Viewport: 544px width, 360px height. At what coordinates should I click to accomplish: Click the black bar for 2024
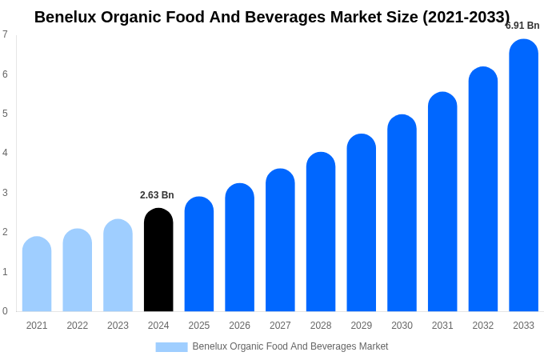[158, 260]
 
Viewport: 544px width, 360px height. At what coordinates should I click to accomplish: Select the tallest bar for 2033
[523, 176]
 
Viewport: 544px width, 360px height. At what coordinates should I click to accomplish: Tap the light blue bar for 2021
[37, 274]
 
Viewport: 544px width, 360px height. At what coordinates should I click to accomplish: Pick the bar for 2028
[321, 232]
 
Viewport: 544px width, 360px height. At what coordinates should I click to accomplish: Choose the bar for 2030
[402, 214]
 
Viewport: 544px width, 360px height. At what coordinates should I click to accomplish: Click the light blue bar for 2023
[118, 266]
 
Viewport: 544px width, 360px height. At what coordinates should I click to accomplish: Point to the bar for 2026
[239, 248]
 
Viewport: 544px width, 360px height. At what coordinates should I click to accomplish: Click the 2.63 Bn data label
[157, 195]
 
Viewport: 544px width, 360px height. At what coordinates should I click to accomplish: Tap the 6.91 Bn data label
[522, 26]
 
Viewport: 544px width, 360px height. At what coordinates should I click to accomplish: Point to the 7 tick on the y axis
[5, 34]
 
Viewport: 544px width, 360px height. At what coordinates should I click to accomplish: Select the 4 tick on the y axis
[5, 153]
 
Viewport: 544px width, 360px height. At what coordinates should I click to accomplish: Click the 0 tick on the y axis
[5, 311]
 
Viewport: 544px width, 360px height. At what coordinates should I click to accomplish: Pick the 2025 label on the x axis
[199, 326]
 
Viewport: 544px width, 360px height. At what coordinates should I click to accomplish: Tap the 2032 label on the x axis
[482, 326]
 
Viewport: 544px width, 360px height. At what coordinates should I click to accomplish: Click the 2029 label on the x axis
[361, 326]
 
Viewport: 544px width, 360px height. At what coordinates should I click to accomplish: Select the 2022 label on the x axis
[78, 326]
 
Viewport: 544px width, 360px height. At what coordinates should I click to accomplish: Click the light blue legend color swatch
[171, 347]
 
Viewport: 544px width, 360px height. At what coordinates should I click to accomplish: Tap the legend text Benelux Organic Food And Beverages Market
[290, 346]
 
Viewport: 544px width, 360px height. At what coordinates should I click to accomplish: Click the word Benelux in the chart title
[65, 17]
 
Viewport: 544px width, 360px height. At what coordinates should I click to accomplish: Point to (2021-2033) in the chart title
[466, 17]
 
